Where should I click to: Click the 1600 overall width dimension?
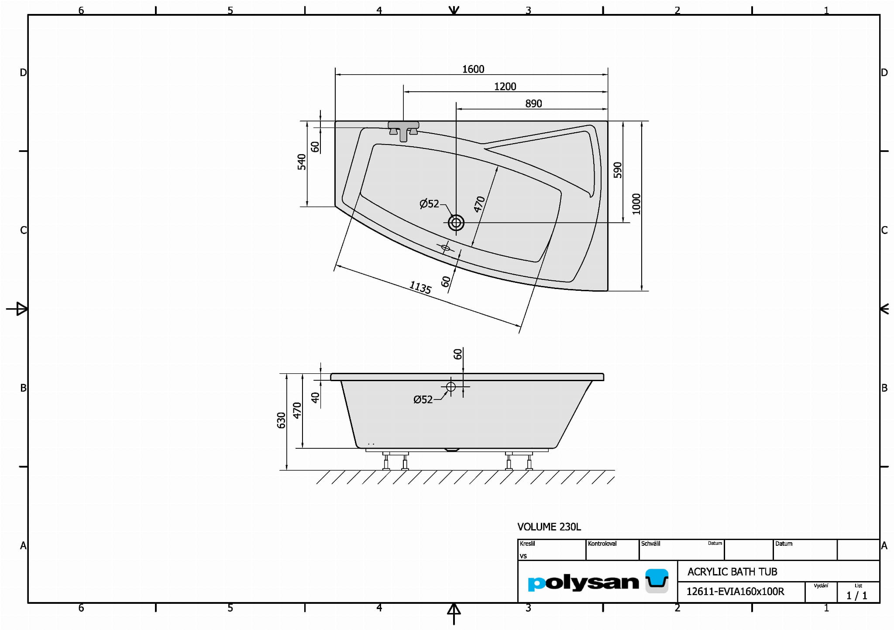473,69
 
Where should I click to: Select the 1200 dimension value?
505,86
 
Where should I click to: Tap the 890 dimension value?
533,103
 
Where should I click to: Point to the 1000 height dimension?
636,204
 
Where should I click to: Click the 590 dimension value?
618,170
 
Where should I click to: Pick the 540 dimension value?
302,162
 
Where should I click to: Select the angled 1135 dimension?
420,287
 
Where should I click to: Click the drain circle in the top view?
456,223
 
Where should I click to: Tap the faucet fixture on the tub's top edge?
403,131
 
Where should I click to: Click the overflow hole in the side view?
451,387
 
